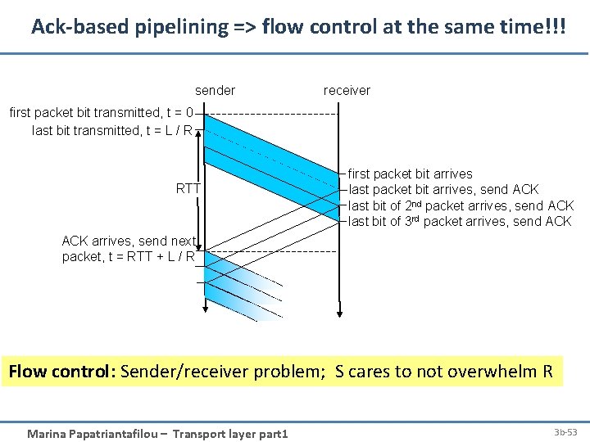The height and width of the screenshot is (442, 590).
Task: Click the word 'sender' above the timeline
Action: click(x=215, y=90)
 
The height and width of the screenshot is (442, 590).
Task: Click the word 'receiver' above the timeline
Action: click(x=347, y=90)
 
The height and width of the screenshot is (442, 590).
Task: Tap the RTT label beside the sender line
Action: click(x=188, y=189)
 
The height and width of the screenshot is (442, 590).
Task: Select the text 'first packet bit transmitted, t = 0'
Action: click(x=102, y=113)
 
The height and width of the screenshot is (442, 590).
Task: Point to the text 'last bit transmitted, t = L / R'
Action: click(x=112, y=130)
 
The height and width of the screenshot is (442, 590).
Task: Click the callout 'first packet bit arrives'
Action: click(x=410, y=174)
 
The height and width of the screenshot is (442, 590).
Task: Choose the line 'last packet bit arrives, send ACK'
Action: click(x=443, y=189)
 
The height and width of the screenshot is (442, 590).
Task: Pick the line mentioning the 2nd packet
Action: click(x=461, y=205)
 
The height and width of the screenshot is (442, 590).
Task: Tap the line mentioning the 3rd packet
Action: click(x=460, y=221)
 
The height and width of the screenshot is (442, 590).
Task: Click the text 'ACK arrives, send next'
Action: click(x=129, y=241)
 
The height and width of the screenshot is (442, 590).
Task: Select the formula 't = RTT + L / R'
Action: click(x=151, y=256)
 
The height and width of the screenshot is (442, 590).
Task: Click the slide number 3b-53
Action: click(x=565, y=431)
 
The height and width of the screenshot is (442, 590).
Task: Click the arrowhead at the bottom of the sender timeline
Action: click(x=204, y=310)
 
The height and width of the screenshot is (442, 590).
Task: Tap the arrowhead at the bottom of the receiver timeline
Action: click(x=339, y=314)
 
